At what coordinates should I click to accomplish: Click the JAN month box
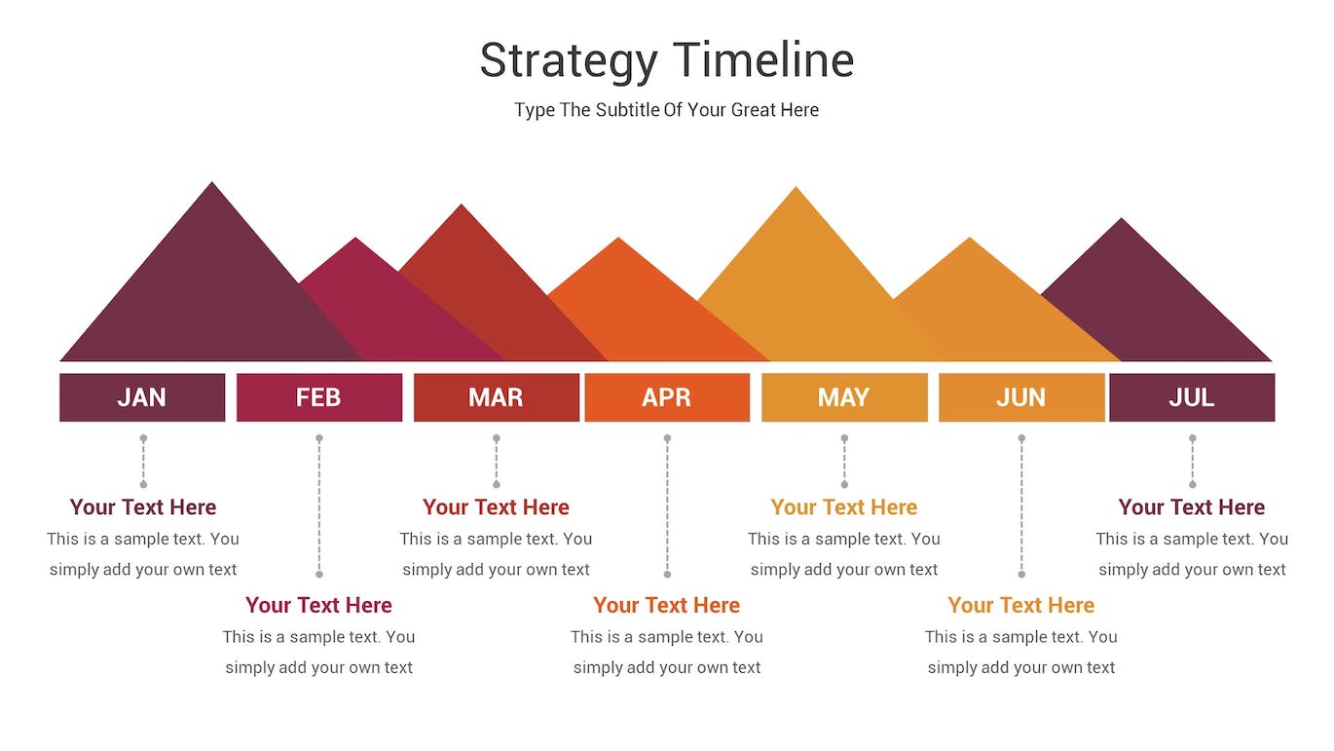point(142,397)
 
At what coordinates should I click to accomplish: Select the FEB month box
point(319,397)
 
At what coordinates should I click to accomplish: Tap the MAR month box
point(496,397)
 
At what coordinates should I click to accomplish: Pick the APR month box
point(667,397)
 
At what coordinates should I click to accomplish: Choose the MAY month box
point(844,397)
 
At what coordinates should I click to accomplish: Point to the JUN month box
point(1021,397)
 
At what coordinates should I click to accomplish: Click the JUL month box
point(1192,397)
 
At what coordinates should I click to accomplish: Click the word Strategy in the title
point(569,61)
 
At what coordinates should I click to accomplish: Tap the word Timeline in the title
point(764,59)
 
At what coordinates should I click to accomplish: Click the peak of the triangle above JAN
point(212,182)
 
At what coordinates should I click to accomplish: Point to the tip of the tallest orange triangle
point(796,187)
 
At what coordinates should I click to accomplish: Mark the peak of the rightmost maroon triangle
point(1122,218)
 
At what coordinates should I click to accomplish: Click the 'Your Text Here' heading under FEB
point(318,605)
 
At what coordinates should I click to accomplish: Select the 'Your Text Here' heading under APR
point(666,605)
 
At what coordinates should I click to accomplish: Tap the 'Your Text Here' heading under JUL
point(1192,507)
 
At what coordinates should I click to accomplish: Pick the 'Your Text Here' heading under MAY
point(844,507)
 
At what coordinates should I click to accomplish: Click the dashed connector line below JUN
point(1021,507)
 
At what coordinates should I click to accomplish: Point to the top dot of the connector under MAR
point(496,438)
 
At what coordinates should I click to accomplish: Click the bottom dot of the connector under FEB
point(319,574)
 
